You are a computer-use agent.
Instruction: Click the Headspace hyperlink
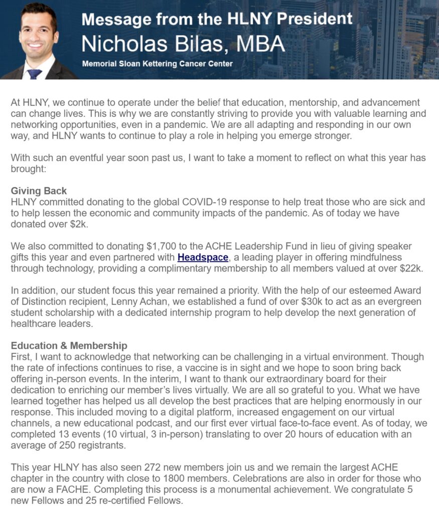pos(203,258)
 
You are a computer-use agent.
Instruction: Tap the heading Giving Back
pos(39,191)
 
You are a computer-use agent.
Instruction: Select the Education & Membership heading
pos(69,346)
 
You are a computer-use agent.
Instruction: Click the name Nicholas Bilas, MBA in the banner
pos(183,44)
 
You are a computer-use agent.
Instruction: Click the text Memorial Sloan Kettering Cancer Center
pos(157,64)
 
